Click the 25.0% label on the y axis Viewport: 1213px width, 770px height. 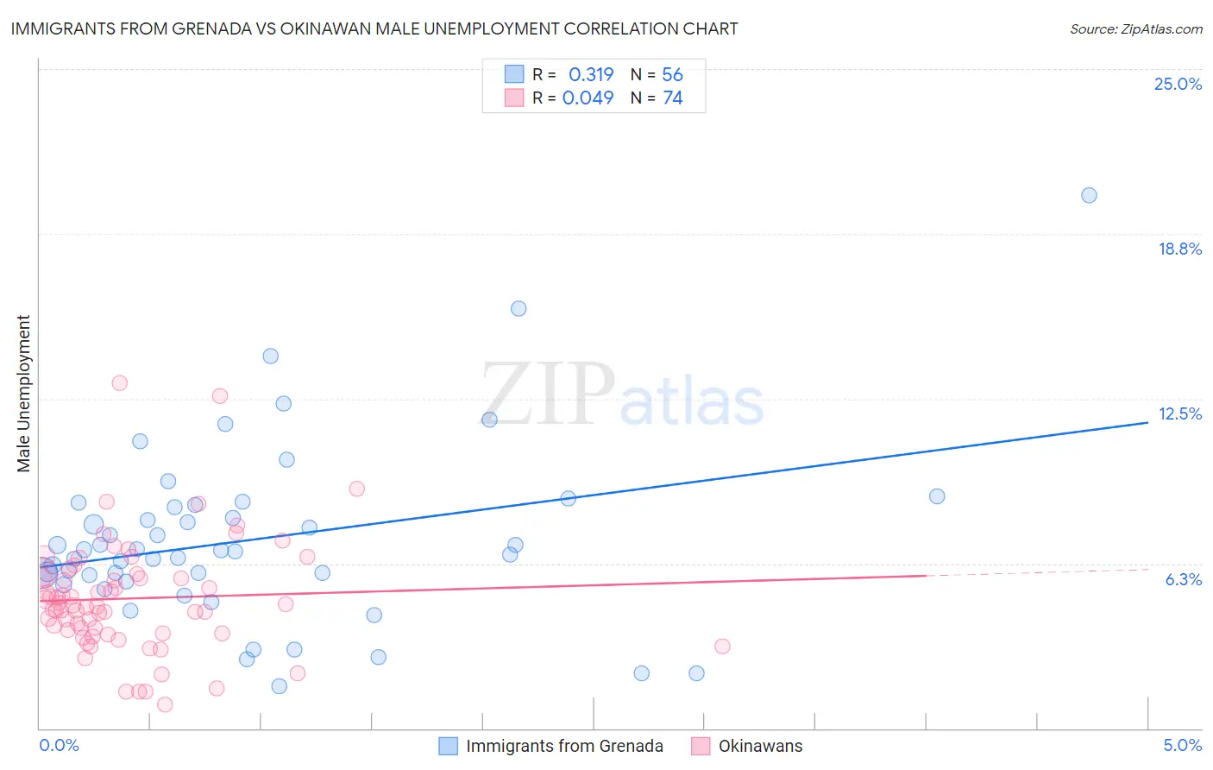1178,84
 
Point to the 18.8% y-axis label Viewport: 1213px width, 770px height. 1179,249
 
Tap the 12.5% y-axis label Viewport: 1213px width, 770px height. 1179,413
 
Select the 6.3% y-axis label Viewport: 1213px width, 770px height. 1183,579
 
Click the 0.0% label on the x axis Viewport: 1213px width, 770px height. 59,745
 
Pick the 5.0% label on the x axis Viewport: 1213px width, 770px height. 1182,745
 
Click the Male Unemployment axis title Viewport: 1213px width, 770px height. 24,394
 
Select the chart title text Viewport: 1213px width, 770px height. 374,28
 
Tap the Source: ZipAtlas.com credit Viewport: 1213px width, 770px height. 1135,28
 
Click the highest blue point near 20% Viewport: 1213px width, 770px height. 1089,195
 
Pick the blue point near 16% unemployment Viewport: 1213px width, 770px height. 519,308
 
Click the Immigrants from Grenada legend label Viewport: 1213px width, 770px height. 564,746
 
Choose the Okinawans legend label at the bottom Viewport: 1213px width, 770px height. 760,746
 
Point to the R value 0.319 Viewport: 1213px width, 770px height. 591,74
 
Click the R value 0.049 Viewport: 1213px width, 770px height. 588,98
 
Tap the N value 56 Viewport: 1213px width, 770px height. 672,74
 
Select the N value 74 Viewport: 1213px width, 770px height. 672,98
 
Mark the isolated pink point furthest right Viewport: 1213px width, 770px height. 722,646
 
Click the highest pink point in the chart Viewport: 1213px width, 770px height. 120,382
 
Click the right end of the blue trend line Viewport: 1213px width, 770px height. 1147,422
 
